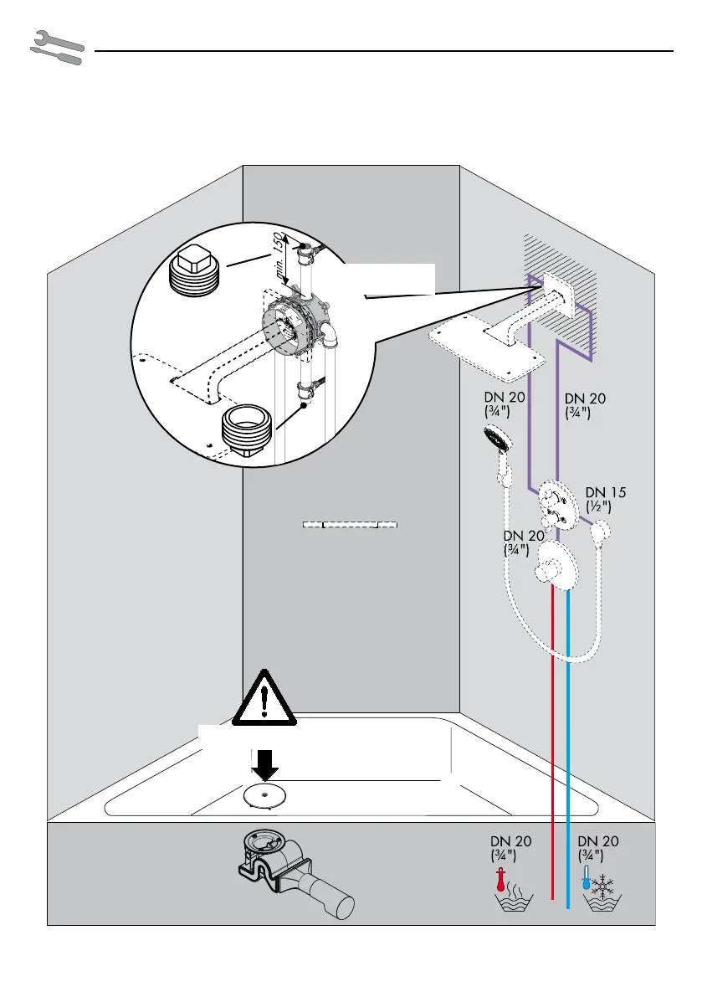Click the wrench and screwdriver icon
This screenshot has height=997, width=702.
click(x=56, y=49)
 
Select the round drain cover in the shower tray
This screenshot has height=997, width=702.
click(x=263, y=795)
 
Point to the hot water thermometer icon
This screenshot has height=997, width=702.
click(x=500, y=881)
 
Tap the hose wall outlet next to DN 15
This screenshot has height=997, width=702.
click(x=601, y=531)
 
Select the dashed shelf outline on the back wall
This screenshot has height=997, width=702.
click(x=348, y=525)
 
